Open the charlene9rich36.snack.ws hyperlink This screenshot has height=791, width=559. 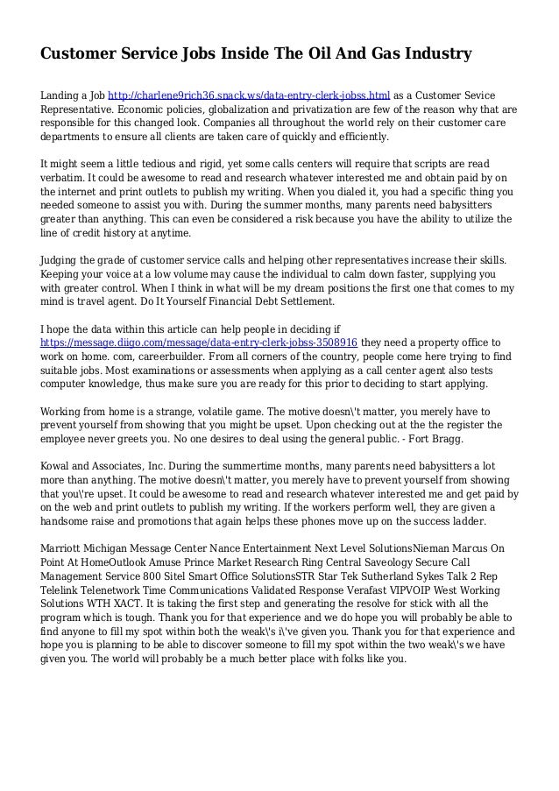pyautogui.click(x=249, y=95)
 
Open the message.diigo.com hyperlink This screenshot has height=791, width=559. pyautogui.click(x=199, y=342)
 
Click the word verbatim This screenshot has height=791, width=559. pyautogui.click(x=67, y=178)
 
